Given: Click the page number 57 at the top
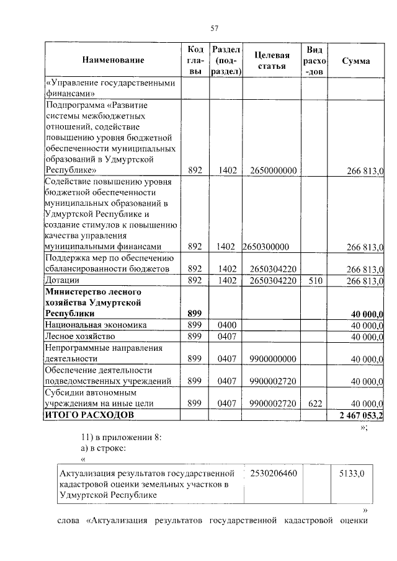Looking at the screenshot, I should [x=215, y=28].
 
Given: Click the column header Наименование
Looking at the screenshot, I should [x=112, y=61].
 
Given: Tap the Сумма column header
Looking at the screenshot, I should [x=356, y=61].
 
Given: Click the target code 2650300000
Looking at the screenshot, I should [x=267, y=247].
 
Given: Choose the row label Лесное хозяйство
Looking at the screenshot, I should [x=78, y=336].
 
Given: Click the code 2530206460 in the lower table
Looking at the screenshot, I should [x=274, y=473].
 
